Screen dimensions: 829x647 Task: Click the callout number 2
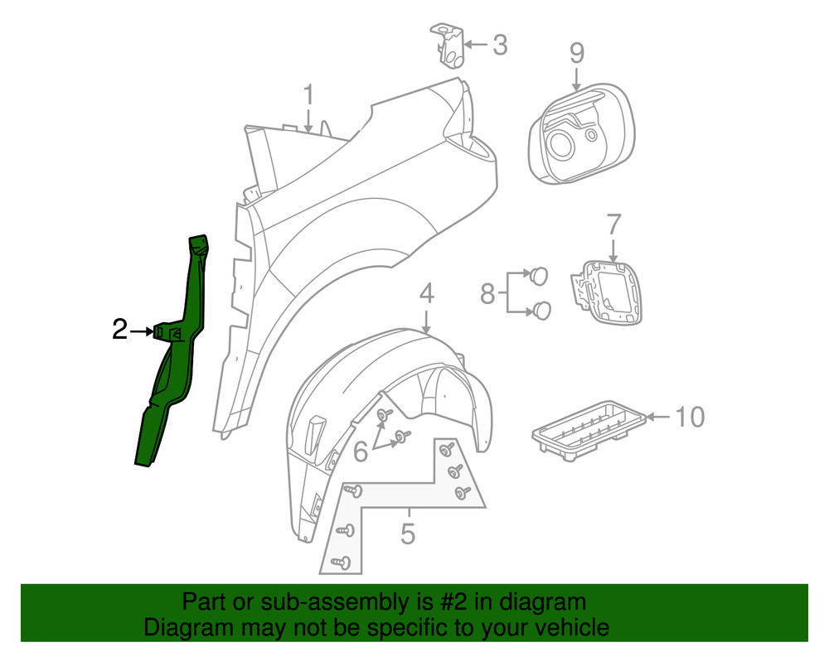(x=120, y=331)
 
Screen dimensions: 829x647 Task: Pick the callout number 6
(x=361, y=451)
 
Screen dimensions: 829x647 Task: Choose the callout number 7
(x=613, y=225)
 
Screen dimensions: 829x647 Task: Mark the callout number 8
(x=487, y=292)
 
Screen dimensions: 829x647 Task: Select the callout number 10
(x=689, y=416)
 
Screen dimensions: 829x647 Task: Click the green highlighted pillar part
(x=174, y=373)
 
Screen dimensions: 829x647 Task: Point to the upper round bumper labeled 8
(x=539, y=273)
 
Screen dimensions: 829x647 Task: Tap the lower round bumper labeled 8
(x=542, y=310)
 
